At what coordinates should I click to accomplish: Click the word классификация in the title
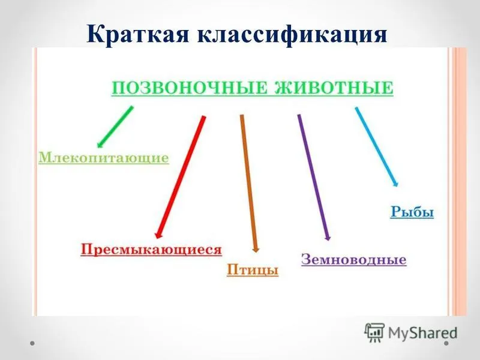point(292,35)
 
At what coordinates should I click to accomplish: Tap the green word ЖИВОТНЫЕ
point(334,88)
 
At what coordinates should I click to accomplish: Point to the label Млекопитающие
point(103,158)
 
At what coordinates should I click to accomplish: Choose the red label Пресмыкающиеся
point(151,249)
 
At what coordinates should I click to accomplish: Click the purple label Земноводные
point(354,259)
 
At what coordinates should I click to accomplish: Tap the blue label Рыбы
point(412,212)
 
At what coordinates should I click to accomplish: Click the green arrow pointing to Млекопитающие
point(115,127)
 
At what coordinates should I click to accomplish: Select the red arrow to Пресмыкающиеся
point(181,177)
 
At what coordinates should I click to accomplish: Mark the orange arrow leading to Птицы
point(249,184)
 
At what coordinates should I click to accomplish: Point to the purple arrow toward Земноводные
point(314,178)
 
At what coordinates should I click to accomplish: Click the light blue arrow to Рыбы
point(377,146)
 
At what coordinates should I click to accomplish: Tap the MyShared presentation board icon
point(374,332)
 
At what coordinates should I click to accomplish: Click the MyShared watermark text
point(422,333)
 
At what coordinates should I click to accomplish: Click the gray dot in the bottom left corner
point(32,343)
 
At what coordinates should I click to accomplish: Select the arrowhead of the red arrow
point(158,235)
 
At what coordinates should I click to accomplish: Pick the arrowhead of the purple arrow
point(328,237)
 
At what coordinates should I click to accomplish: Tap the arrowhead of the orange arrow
point(256,249)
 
